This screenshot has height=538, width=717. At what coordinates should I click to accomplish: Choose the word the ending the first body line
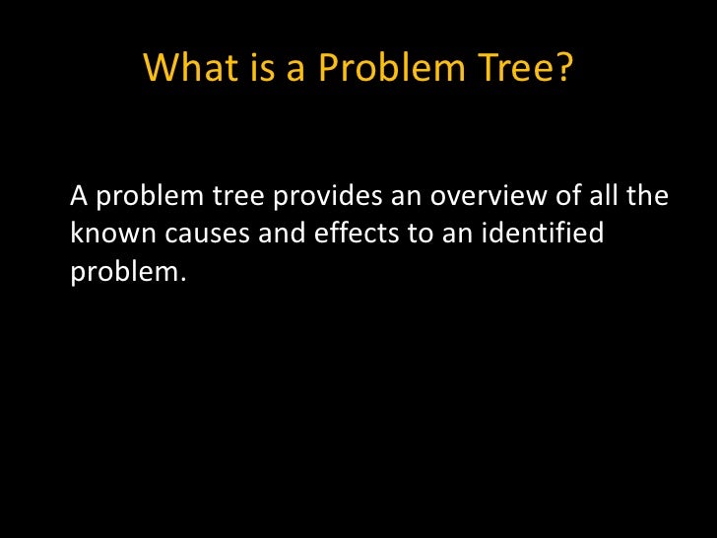pyautogui.click(x=650, y=197)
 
